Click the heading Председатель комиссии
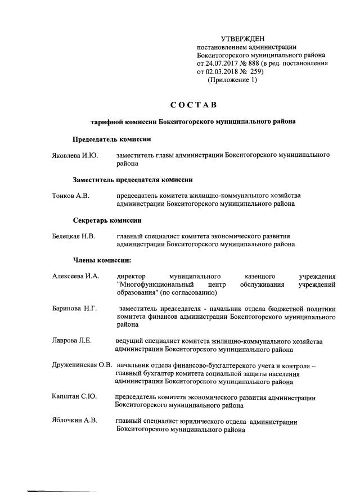(x=111, y=139)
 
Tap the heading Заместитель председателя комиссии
(x=133, y=180)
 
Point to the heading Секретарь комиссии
(x=107, y=220)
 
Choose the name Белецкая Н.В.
(x=74, y=237)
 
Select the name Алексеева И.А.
(x=75, y=277)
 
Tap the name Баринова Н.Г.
(x=75, y=309)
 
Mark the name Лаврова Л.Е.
(x=72, y=341)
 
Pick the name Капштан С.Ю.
(x=74, y=397)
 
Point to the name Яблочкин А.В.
(x=75, y=422)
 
